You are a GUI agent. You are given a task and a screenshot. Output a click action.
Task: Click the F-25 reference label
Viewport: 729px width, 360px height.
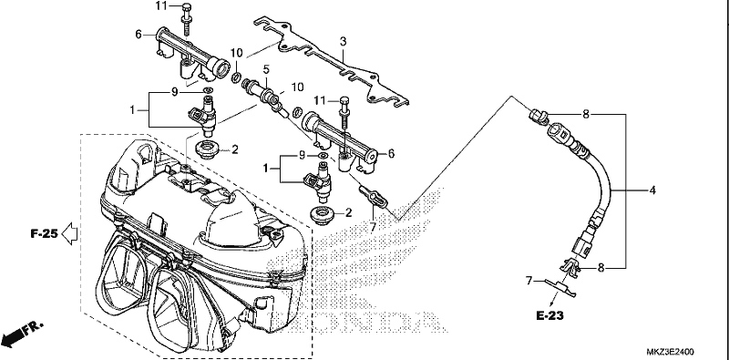pos(45,233)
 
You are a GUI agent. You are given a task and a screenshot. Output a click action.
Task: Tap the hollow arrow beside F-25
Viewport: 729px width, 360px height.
pos(70,233)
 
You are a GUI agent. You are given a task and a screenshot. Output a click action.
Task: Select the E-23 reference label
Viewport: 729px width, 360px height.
pos(550,316)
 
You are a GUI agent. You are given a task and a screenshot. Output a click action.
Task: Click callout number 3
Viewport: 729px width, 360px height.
pos(344,41)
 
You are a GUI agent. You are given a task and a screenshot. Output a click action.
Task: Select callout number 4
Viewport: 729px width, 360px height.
pos(652,190)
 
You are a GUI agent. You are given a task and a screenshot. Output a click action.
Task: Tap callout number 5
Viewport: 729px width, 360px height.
pos(266,70)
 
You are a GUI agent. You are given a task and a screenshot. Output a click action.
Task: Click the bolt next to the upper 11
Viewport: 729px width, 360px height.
pos(186,19)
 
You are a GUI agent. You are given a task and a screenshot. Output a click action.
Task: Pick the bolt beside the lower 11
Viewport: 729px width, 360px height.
pos(344,113)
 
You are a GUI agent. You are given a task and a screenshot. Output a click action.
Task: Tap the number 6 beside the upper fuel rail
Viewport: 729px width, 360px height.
pos(139,35)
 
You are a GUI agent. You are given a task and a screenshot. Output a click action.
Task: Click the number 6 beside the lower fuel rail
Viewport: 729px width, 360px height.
pos(392,153)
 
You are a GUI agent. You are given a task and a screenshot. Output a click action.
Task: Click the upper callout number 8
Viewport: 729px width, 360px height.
pos(586,115)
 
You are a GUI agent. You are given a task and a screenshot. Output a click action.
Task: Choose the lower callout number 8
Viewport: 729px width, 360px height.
pos(601,268)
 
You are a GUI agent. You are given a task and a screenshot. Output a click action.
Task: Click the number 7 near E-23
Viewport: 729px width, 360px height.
pos(529,281)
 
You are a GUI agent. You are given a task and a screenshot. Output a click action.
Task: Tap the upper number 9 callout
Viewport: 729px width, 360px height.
pos(174,92)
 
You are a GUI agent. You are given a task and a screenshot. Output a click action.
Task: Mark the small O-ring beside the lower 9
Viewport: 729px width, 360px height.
pos(323,155)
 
